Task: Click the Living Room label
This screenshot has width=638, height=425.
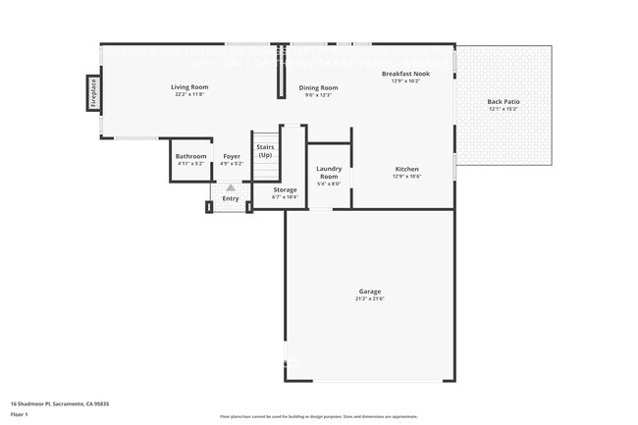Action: pos(191,87)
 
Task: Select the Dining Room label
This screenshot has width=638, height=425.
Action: pos(318,88)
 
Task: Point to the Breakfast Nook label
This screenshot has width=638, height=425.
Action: pos(405,74)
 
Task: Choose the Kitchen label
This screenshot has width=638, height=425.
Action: pos(406,169)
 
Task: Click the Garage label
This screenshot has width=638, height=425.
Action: pos(369,292)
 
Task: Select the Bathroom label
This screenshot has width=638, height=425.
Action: pos(190,156)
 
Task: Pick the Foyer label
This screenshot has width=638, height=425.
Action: pos(232,156)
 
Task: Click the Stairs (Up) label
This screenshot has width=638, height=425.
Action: pos(265,151)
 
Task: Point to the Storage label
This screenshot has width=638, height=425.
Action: pos(285,189)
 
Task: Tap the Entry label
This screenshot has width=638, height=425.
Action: pos(231,198)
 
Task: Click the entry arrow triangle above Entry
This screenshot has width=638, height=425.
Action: pos(231,187)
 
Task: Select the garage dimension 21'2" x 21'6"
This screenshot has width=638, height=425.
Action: pos(369,298)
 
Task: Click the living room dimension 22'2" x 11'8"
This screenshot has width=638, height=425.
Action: pos(191,94)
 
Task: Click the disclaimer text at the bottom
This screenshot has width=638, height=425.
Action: pos(318,417)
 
